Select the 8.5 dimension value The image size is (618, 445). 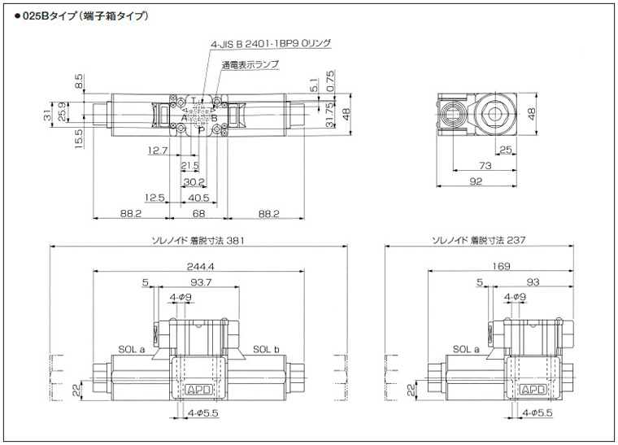pyautogui.click(x=79, y=81)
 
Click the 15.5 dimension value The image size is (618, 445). pyautogui.click(x=79, y=136)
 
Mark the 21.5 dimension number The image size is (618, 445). pyautogui.click(x=189, y=166)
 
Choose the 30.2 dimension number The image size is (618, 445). pyautogui.click(x=194, y=181)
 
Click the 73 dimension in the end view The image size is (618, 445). pyautogui.click(x=486, y=166)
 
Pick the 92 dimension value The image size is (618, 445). pyautogui.click(x=476, y=181)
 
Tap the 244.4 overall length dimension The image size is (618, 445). pyautogui.click(x=199, y=266)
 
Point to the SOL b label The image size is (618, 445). pyautogui.click(x=265, y=350)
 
